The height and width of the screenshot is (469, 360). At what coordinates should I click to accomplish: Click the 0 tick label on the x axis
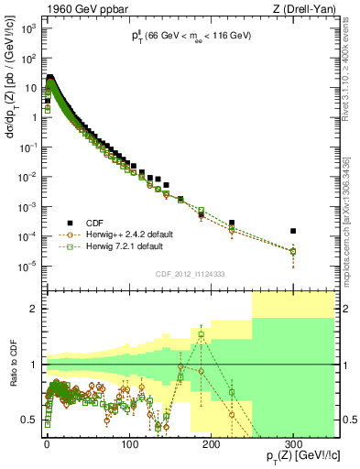[x=47, y=444]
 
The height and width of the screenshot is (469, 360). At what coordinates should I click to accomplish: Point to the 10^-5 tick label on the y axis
[x=28, y=267]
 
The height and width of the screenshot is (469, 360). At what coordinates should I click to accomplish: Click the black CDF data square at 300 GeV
[x=293, y=231]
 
